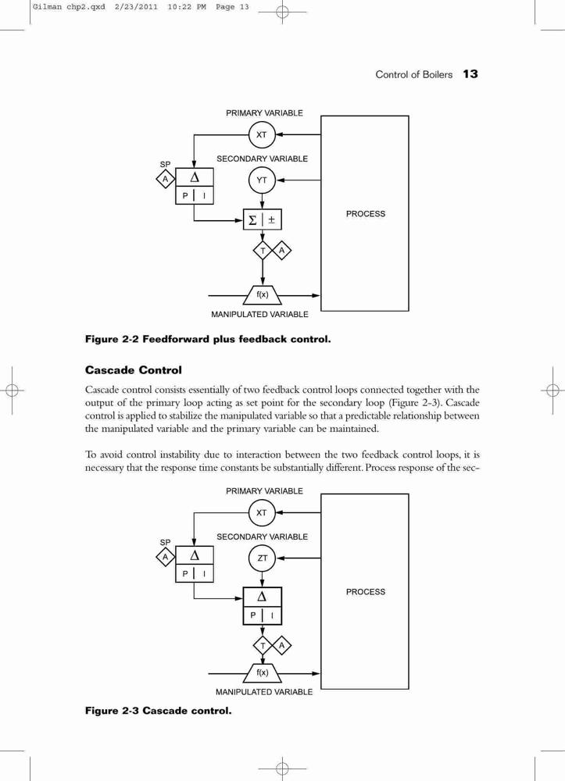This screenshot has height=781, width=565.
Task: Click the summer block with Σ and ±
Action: pyautogui.click(x=262, y=219)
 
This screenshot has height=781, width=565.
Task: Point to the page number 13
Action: pyautogui.click(x=470, y=74)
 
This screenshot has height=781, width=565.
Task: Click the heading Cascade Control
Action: pyautogui.click(x=134, y=370)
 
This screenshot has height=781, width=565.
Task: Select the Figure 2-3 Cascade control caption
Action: pyautogui.click(x=159, y=711)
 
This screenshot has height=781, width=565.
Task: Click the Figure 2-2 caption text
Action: pyautogui.click(x=208, y=339)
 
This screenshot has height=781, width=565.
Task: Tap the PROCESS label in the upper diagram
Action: pyautogui.click(x=366, y=214)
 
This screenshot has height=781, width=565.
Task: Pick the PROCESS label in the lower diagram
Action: pyautogui.click(x=366, y=592)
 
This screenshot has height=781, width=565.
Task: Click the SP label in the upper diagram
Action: pyautogui.click(x=165, y=164)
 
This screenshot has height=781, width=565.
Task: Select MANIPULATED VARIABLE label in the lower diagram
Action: pyautogui.click(x=264, y=692)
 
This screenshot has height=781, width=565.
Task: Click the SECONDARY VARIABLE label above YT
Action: pyautogui.click(x=262, y=159)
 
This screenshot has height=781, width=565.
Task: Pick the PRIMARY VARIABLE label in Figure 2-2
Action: pyautogui.click(x=264, y=113)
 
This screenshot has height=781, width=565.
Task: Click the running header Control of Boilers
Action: pyautogui.click(x=413, y=75)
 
